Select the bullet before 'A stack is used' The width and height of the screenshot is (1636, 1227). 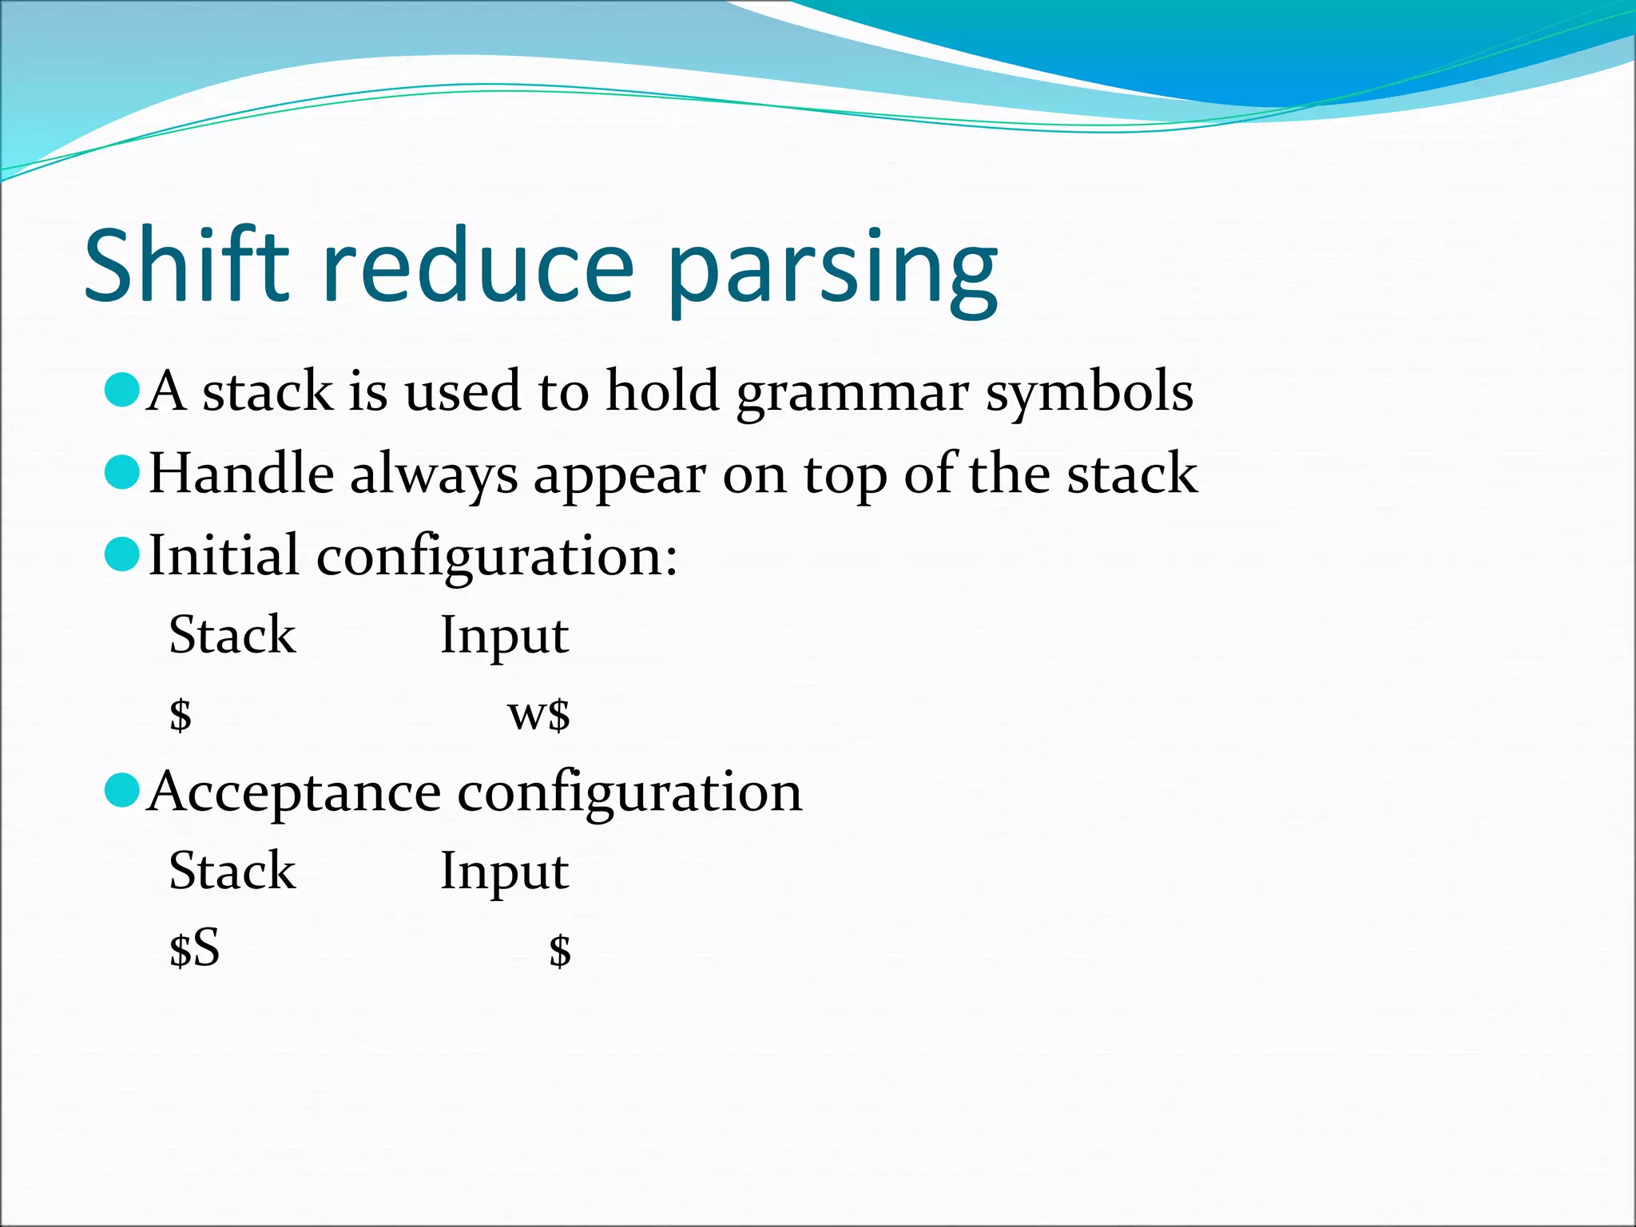122,391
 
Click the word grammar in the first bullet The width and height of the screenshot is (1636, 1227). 852,393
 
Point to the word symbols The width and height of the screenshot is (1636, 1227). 1089,393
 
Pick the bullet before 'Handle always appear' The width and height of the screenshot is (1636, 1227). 122,472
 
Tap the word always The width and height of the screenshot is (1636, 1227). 434,475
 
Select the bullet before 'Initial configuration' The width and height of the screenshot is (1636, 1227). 122,554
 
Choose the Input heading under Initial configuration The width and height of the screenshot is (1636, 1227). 504,637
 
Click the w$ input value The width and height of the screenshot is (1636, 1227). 539,713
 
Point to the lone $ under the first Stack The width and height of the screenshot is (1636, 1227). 181,713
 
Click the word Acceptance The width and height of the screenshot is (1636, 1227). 294,792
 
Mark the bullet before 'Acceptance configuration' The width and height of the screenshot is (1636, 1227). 122,790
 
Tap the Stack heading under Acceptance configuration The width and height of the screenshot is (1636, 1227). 232,871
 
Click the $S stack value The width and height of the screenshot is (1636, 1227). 194,950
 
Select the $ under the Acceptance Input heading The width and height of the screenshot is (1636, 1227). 559,951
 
